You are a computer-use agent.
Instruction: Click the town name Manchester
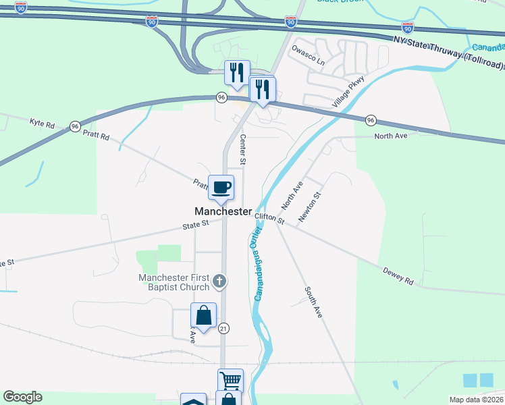point(223,211)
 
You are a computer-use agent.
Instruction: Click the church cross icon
point(219,280)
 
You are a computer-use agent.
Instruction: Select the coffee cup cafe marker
point(220,187)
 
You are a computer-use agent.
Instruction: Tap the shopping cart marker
point(230,381)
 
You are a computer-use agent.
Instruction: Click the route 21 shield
point(224,328)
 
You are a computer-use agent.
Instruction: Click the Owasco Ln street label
point(308,56)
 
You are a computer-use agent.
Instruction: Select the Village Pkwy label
point(348,92)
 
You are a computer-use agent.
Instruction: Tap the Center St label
point(242,149)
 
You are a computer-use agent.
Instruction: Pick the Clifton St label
point(270,218)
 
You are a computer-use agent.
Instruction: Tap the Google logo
point(22,397)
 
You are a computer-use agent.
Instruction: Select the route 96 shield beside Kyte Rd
point(74,126)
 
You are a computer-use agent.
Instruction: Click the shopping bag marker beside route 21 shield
point(203,315)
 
